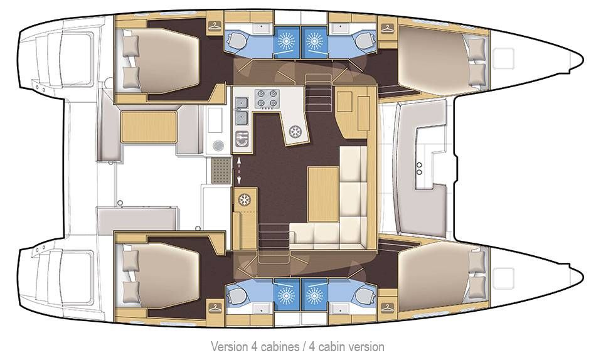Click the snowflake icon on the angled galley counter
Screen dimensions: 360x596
pos(294,132)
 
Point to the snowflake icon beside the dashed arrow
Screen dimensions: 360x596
pos(243,200)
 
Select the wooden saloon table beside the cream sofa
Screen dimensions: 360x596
pos(322,186)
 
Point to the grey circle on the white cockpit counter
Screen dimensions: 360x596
pos(217,145)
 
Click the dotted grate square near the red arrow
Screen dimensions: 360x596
pos(221,169)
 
